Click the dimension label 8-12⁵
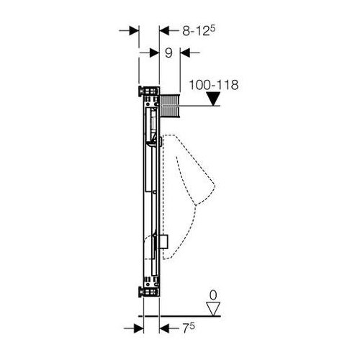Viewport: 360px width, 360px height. coord(199,31)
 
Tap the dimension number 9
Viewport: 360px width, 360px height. coord(168,53)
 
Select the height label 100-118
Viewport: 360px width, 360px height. coord(214,85)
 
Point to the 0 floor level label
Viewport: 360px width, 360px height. coord(213,295)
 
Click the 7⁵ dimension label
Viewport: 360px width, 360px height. coord(189,328)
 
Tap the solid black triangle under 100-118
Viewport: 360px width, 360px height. coord(213,99)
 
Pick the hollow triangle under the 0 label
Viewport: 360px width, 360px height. coord(213,309)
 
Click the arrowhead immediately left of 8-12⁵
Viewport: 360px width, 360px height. coord(164,31)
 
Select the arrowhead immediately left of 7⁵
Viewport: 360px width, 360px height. coord(164,328)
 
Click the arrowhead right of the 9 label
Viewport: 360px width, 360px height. coord(185,53)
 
